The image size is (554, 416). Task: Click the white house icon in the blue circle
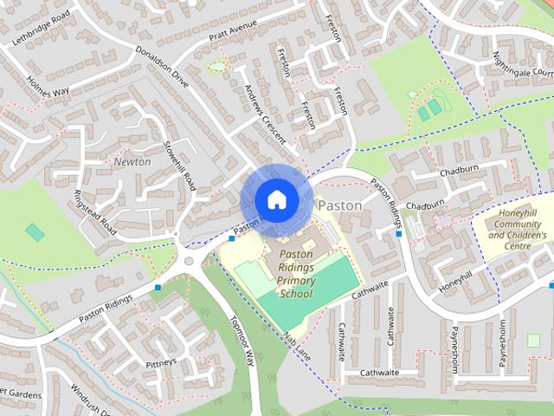pyautogui.click(x=275, y=199)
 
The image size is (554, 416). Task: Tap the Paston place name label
pyautogui.click(x=340, y=205)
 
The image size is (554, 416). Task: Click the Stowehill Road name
pyautogui.click(x=186, y=164)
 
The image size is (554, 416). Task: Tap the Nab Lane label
pyautogui.click(x=295, y=346)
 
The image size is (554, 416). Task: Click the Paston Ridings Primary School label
pyautogui.click(x=296, y=274)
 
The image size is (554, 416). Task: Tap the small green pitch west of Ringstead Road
pyautogui.click(x=35, y=232)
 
